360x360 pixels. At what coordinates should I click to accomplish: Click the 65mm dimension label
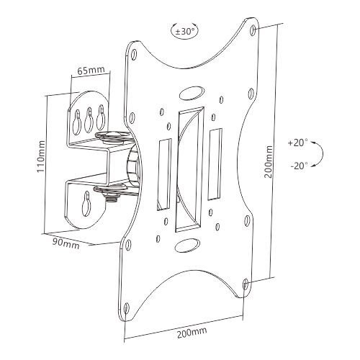coord(91,71)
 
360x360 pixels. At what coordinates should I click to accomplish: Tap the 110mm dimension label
coord(41,156)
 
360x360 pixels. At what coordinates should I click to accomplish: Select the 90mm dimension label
coord(66,243)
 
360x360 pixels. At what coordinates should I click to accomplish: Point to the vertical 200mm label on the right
coord(268,161)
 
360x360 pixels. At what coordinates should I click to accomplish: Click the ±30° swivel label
coord(184,32)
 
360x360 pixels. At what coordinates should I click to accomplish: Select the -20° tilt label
coord(299,166)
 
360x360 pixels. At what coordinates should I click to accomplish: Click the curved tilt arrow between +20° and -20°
coord(323,153)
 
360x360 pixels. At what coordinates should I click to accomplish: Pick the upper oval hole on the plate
coord(192,94)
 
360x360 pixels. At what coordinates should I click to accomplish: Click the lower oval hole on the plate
coord(187,246)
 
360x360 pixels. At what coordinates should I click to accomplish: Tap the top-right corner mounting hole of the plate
coord(253,30)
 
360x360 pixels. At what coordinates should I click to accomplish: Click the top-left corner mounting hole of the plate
coord(134,54)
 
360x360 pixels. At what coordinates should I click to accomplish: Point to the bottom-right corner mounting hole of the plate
coord(246,284)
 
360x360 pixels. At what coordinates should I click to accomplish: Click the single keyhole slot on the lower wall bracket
coord(86,204)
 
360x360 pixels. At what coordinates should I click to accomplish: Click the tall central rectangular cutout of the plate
coord(189,169)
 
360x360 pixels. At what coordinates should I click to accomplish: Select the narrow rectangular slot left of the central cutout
coord(164,175)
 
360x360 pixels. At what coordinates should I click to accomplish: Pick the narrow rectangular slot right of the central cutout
coord(215,164)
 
